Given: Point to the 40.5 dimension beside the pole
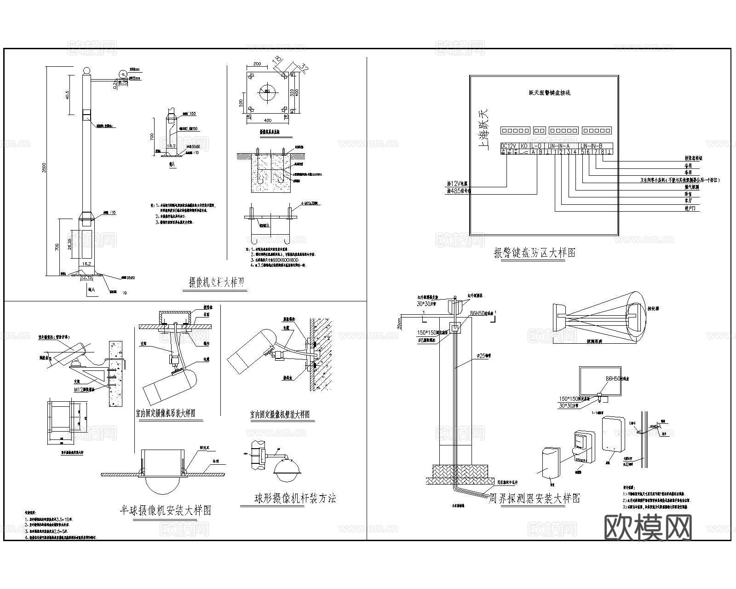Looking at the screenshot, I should (x=67, y=95).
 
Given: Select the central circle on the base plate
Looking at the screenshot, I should (x=267, y=91).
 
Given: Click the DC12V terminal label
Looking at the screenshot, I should (x=509, y=146).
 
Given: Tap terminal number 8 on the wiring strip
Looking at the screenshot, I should (x=602, y=152).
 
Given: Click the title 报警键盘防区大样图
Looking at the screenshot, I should (x=535, y=253).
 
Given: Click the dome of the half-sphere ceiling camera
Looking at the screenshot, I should (x=164, y=485).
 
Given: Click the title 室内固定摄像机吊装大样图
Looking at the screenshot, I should (x=166, y=413).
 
